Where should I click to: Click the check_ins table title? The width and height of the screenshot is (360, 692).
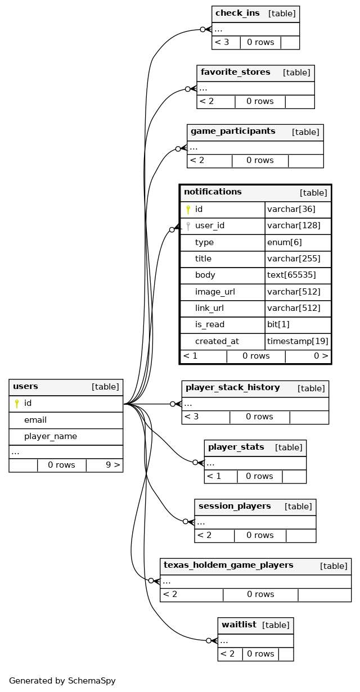[x=237, y=13]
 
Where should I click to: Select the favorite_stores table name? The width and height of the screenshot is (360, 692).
[x=235, y=73]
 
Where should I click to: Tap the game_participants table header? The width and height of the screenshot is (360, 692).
[x=233, y=132]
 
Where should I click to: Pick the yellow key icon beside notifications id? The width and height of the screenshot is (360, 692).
[x=188, y=210]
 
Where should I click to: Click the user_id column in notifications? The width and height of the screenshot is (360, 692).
[x=210, y=226]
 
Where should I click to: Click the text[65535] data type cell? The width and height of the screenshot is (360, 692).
[x=291, y=275]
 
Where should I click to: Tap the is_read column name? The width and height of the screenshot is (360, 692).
[x=210, y=325]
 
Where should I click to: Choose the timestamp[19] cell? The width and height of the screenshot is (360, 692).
[x=298, y=341]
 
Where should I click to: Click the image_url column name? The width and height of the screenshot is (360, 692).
[x=215, y=292]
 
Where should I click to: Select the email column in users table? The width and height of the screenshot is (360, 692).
[x=35, y=420]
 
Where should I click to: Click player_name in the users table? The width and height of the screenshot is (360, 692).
[x=51, y=437]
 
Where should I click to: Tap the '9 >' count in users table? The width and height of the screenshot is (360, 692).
[x=113, y=465]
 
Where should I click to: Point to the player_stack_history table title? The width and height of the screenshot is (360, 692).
[x=232, y=388]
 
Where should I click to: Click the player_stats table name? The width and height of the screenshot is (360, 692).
[x=236, y=447]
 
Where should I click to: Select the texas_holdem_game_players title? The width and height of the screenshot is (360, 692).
[x=228, y=566]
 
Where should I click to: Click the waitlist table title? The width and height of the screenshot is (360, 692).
[x=239, y=625]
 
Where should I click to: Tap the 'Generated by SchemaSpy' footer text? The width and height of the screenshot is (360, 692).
[x=62, y=681]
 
